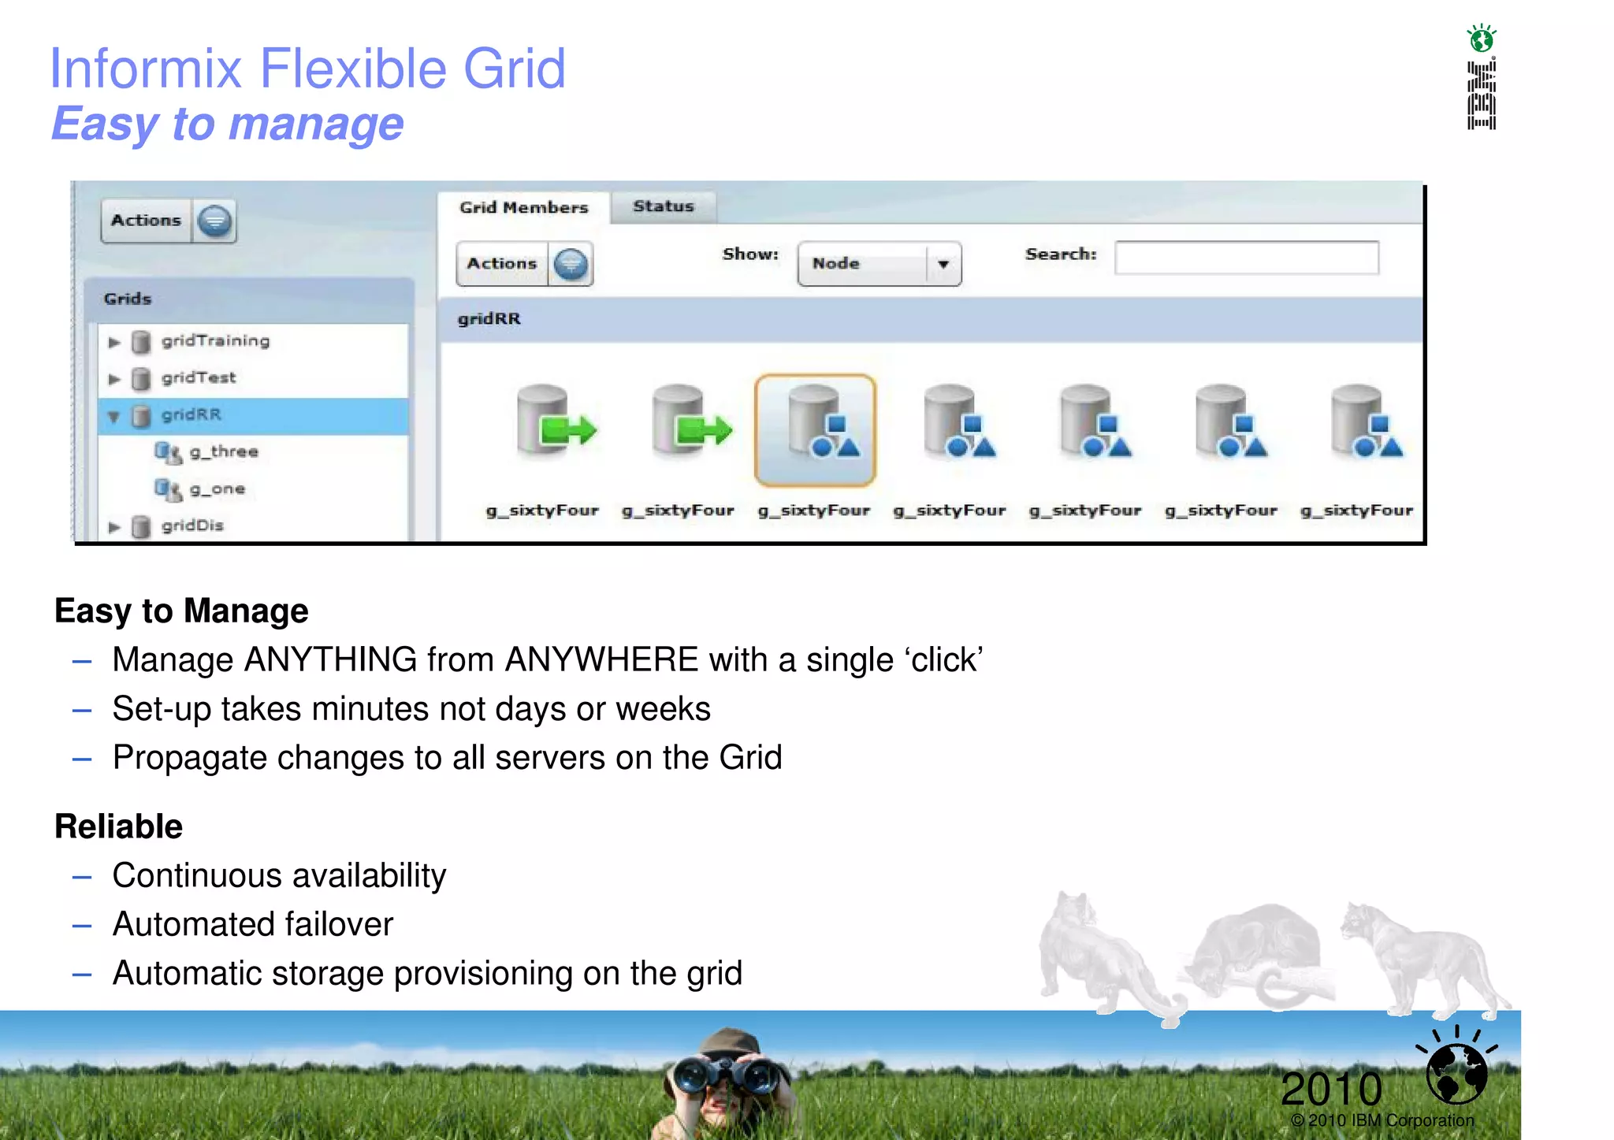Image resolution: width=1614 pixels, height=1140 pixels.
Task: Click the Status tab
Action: click(663, 206)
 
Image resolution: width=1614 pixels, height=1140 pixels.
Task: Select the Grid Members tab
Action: click(523, 207)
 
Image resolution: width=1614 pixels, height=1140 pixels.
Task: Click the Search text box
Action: click(1246, 258)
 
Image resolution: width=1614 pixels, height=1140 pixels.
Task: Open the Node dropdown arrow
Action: click(943, 264)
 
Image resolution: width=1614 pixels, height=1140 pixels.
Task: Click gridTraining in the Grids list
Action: click(215, 340)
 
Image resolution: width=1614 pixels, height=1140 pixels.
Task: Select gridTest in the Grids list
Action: click(198, 377)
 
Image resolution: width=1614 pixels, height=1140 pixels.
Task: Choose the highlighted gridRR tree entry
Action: click(192, 414)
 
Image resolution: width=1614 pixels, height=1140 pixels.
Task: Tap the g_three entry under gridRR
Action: click(224, 451)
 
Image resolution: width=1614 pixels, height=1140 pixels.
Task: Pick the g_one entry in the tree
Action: click(217, 488)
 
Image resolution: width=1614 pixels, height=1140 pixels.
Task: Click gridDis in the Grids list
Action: click(192, 525)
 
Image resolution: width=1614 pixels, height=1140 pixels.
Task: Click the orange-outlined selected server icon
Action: click(815, 429)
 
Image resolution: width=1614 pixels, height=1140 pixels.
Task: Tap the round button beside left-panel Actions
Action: click(214, 221)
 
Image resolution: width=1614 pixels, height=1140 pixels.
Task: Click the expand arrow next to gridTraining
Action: click(114, 342)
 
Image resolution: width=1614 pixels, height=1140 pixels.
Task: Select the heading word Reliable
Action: click(118, 826)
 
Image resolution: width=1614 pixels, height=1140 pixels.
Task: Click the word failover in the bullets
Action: click(340, 924)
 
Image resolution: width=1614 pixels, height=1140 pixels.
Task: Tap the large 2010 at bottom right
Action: click(1331, 1089)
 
